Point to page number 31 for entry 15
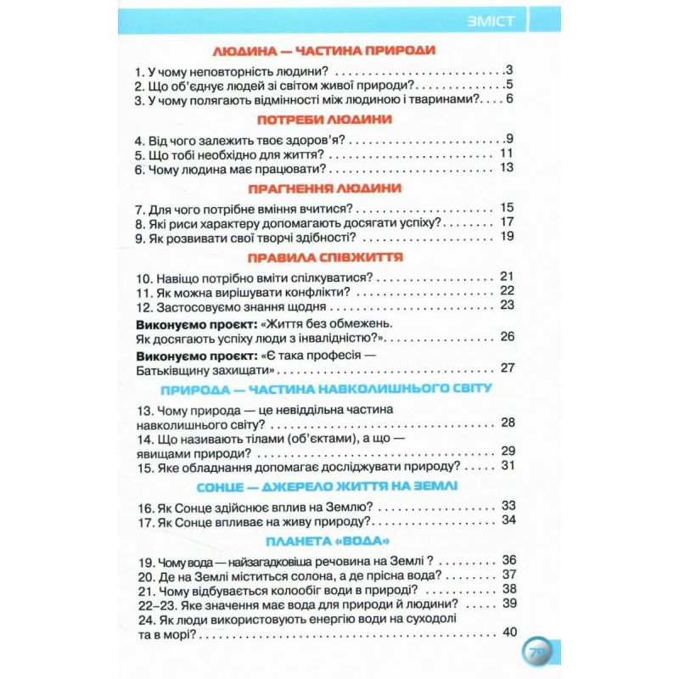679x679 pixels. pyautogui.click(x=508, y=465)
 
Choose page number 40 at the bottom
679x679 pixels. pyautogui.click(x=509, y=631)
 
